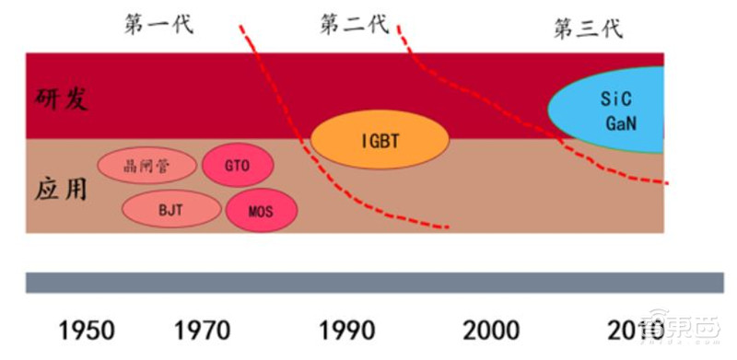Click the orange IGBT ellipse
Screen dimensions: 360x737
tap(380, 140)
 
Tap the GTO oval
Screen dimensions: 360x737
tap(237, 166)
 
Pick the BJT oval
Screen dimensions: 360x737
tap(171, 209)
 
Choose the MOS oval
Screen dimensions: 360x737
tap(262, 211)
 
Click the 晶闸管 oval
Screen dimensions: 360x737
tap(147, 166)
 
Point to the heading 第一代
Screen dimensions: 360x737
tap(158, 24)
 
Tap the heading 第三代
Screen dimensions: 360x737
tap(588, 28)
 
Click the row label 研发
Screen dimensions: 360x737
tap(63, 99)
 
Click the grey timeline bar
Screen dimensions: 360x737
tap(368, 283)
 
